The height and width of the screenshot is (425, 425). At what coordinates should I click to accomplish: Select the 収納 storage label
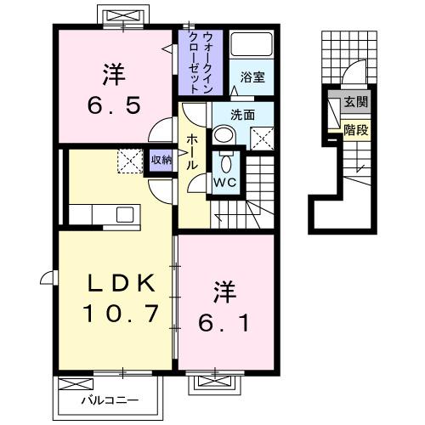coord(161,159)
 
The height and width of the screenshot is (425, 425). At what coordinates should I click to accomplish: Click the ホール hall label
coord(193,153)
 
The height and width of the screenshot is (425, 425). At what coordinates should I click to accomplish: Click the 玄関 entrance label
coord(355,104)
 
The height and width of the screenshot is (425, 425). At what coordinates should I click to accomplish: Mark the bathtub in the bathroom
coord(252,46)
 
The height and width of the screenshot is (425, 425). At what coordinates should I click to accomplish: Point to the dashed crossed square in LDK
coord(129,159)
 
